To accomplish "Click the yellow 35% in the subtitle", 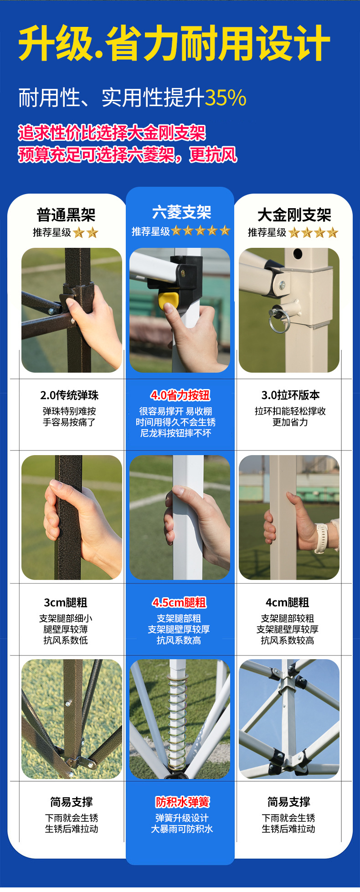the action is point(226,97).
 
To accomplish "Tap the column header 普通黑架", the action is point(66,215).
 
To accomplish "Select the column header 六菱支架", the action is point(182,212).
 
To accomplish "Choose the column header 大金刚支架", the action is point(294,215).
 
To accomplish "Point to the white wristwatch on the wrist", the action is point(321,538).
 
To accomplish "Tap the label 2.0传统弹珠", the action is point(69,395).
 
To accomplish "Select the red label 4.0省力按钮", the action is point(180,395).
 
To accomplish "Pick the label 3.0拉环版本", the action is point(291,395).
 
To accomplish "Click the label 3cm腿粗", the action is point(66,602).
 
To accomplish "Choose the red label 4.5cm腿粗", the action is point(179,602).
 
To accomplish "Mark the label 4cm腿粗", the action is point(288,602).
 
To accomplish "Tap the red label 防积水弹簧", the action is point(183,802).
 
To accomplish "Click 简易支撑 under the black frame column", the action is point(72,802).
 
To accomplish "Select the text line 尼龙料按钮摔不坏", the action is point(176,433).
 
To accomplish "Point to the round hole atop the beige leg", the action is point(298,253).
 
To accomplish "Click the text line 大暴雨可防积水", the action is point(182,829).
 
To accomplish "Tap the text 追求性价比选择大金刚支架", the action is point(112,133).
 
